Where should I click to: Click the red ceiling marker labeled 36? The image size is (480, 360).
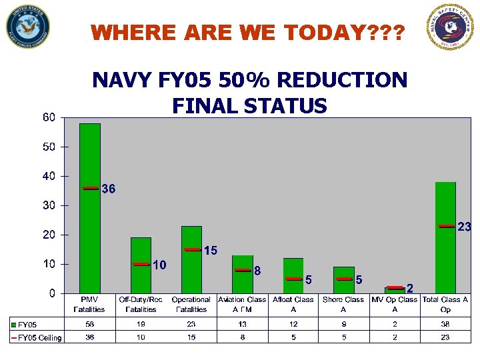click(91, 188)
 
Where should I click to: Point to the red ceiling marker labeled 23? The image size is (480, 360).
click(446, 226)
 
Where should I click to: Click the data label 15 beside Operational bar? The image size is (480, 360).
click(210, 251)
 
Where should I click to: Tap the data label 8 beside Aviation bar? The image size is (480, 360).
click(257, 271)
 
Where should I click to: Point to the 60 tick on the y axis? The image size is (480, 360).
click(49, 117)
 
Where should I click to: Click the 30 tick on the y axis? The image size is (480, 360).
click(49, 205)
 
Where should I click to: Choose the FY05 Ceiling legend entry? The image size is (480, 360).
click(36, 337)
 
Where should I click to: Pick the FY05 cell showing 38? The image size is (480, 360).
click(445, 323)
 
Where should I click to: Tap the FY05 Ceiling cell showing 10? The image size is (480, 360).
click(141, 337)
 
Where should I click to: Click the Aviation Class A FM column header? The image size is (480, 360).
click(242, 304)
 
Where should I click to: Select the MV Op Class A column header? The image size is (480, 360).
click(395, 304)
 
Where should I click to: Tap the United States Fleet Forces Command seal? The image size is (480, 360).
click(27, 27)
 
